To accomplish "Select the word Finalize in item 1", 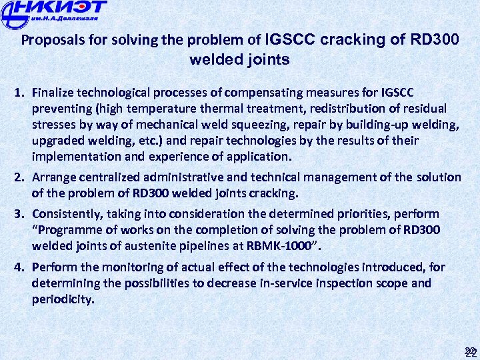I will pos(55,92).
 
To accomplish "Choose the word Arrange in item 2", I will pos(55,177).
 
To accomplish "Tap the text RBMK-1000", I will pos(280,247).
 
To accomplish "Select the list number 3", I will pos(20,214).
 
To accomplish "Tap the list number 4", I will pos(20,267).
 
